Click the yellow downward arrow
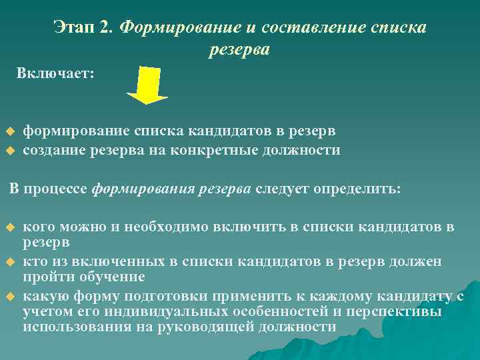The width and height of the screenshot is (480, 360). pos(148,84)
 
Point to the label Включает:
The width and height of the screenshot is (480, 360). pos(56,72)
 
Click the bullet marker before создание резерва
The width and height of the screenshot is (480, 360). pos(10,151)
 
